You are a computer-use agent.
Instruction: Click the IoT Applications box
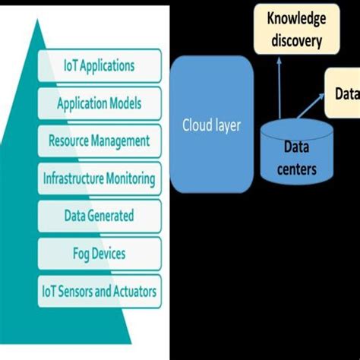100,65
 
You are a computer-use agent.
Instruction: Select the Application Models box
100,103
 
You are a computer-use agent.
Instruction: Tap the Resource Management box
100,141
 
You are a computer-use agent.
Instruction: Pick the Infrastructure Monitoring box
100,179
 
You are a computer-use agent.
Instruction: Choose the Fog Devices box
100,254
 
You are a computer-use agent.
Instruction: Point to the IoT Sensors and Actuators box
100,291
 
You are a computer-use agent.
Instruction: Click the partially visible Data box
343,93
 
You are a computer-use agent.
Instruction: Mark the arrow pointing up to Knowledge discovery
278,87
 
